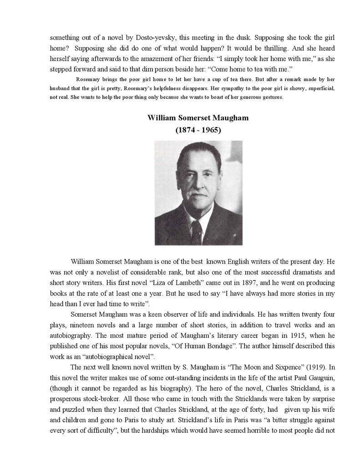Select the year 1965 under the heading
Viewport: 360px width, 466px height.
coord(210,130)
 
